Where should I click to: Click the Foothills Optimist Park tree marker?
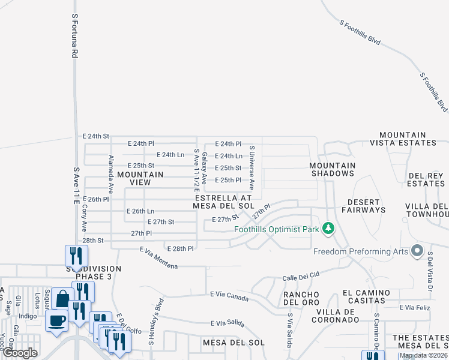click(328, 228)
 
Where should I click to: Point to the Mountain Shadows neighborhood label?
click(333, 169)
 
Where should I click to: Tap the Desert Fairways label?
click(364, 206)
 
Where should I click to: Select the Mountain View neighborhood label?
click(140, 178)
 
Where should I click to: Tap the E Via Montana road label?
click(159, 258)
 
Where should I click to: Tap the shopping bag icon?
click(62, 298)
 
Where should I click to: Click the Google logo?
click(20, 353)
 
